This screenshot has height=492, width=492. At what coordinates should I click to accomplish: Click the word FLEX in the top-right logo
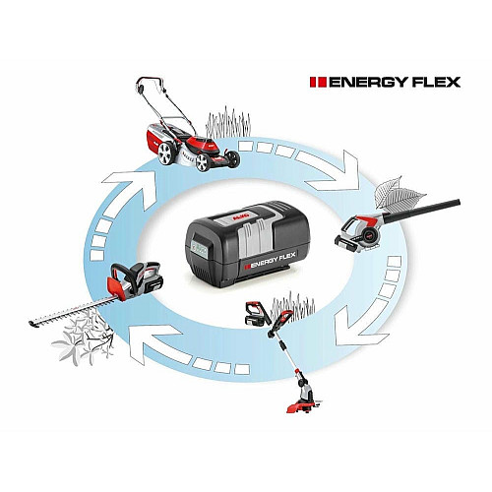click(x=436, y=83)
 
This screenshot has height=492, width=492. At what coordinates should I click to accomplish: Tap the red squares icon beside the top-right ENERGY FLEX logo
click(x=318, y=83)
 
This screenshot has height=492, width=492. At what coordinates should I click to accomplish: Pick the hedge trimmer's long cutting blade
click(x=71, y=312)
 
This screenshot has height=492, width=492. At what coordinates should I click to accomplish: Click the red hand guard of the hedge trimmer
click(x=115, y=287)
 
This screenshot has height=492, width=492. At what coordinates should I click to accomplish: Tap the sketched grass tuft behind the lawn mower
click(x=228, y=122)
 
